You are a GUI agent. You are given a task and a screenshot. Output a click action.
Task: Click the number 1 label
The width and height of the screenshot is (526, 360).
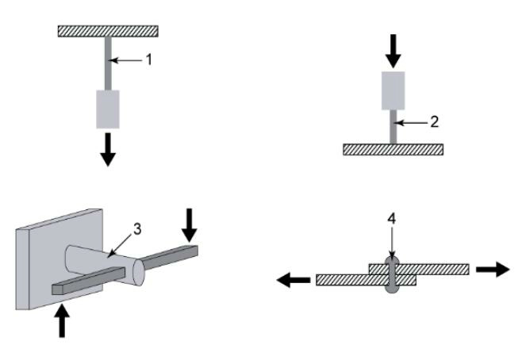(148, 59)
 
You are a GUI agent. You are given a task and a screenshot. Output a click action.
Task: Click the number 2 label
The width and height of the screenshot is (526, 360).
(433, 121)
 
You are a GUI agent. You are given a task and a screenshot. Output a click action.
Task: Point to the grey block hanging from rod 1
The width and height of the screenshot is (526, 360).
(108, 109)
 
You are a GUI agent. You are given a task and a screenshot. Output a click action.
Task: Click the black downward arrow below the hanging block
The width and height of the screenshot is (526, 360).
(108, 151)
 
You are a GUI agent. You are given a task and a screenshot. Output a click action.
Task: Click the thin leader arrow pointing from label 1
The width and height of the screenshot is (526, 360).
(126, 59)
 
